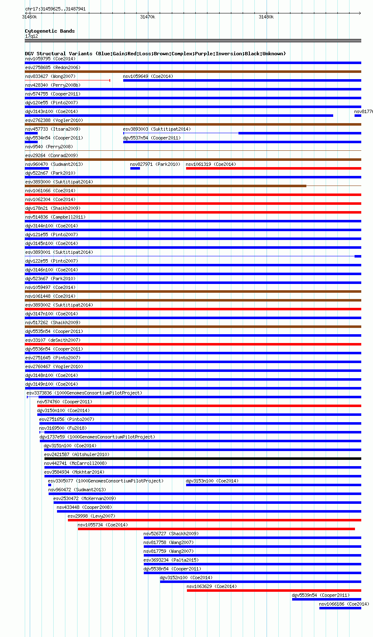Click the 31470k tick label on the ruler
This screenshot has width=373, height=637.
point(147,17)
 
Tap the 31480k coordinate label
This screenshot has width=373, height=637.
point(266,17)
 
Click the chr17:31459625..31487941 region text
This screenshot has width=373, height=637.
point(55,9)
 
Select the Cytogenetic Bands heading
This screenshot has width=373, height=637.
point(49,31)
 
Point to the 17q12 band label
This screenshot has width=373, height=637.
point(31,36)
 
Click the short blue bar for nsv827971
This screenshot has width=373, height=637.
point(135,168)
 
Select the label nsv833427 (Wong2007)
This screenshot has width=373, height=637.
point(50,76)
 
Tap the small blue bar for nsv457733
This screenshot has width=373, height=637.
point(31,133)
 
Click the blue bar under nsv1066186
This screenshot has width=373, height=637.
point(340,608)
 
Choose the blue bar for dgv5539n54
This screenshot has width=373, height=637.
point(326,599)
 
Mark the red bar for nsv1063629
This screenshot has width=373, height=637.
point(274,591)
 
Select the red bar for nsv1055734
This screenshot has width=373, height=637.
point(216,529)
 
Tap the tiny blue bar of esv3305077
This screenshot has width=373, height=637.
point(49,485)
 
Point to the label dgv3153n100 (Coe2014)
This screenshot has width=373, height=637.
point(212,481)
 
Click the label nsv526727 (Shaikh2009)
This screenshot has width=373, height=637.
point(171,534)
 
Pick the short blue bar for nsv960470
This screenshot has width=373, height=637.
point(37,168)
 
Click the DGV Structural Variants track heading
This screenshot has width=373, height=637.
point(155,54)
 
